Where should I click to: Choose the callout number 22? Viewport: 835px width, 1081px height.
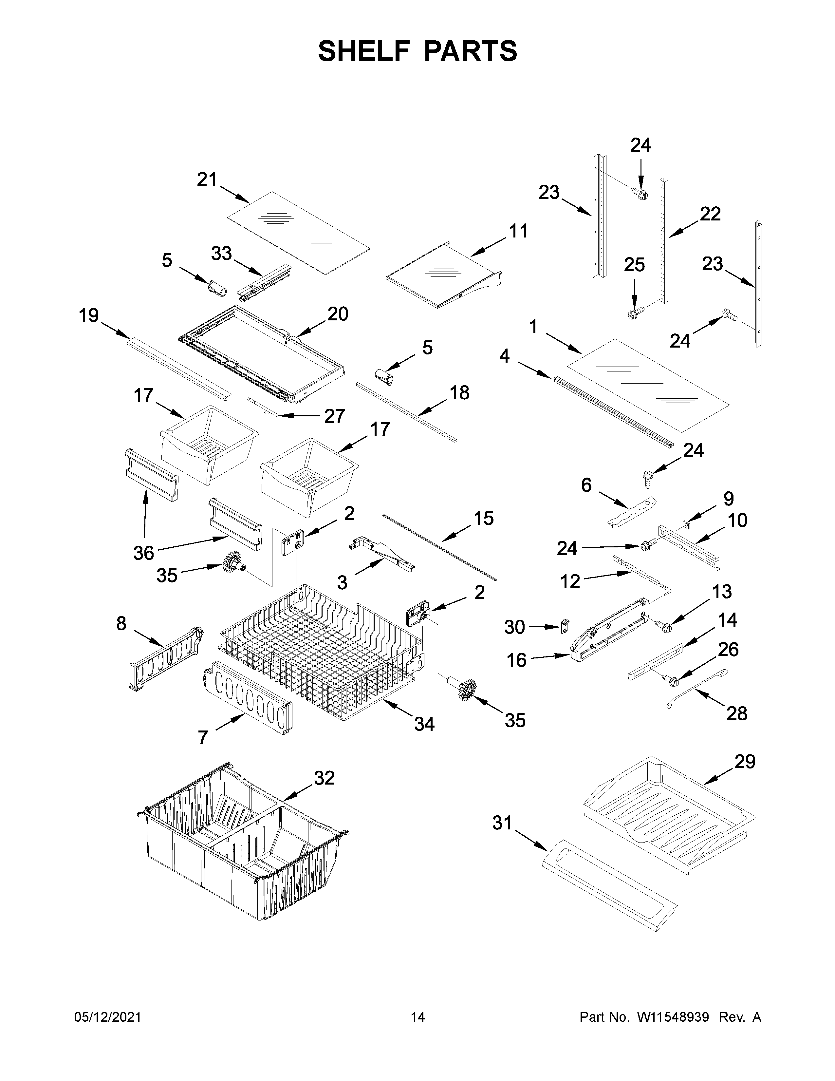pyautogui.click(x=710, y=214)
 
